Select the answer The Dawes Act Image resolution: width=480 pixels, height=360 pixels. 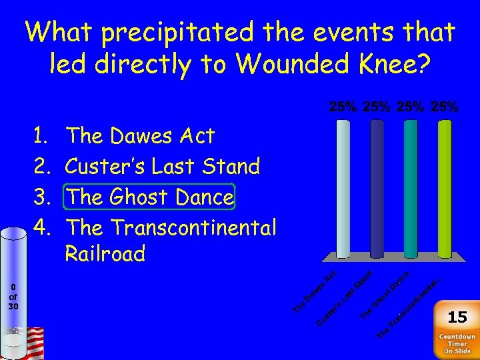(x=141, y=136)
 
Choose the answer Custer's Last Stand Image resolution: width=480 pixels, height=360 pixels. (x=163, y=166)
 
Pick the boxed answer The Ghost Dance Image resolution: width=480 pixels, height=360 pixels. (x=149, y=197)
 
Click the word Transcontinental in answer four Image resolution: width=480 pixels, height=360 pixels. (x=193, y=227)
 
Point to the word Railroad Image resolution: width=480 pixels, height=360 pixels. (x=105, y=254)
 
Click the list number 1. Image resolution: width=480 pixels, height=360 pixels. (x=40, y=136)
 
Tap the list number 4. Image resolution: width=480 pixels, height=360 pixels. (x=40, y=227)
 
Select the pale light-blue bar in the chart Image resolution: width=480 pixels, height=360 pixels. (x=343, y=188)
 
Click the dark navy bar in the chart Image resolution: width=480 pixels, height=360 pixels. (x=377, y=188)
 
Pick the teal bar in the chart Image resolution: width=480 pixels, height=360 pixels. (x=411, y=188)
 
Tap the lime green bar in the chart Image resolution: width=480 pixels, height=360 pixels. (x=445, y=188)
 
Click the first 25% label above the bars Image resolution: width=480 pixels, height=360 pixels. (x=343, y=107)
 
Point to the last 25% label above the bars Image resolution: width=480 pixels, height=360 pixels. (x=445, y=107)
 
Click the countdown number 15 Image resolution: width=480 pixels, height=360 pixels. (x=457, y=317)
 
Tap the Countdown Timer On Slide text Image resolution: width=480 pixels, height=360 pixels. (x=457, y=344)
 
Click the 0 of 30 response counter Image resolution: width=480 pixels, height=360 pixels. (x=13, y=297)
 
